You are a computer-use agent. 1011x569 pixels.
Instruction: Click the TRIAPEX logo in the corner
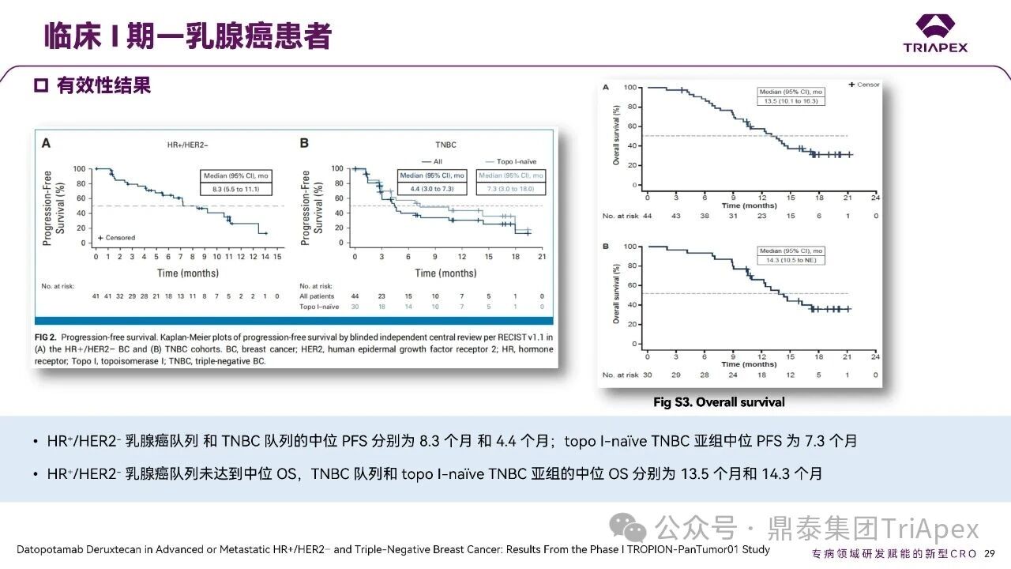pyautogui.click(x=935, y=34)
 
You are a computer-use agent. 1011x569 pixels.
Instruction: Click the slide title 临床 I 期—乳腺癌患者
pyautogui.click(x=186, y=36)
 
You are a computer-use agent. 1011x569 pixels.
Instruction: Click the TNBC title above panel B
pyautogui.click(x=445, y=145)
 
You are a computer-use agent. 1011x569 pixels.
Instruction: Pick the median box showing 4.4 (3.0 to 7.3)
pyautogui.click(x=432, y=182)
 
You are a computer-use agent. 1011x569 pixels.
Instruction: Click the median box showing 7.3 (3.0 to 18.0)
pyautogui.click(x=510, y=182)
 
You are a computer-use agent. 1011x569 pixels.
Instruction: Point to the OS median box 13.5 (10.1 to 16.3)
pyautogui.click(x=790, y=96)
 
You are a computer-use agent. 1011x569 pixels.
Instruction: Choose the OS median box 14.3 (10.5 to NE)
pyautogui.click(x=790, y=255)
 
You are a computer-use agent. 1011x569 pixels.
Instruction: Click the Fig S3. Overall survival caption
pyautogui.click(x=719, y=402)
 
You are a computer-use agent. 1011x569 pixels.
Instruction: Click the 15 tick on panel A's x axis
pyautogui.click(x=277, y=257)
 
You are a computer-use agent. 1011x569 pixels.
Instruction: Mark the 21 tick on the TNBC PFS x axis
pyautogui.click(x=542, y=257)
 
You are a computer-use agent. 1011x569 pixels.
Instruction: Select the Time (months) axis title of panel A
pyautogui.click(x=187, y=273)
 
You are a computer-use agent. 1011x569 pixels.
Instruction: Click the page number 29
pyautogui.click(x=989, y=553)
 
